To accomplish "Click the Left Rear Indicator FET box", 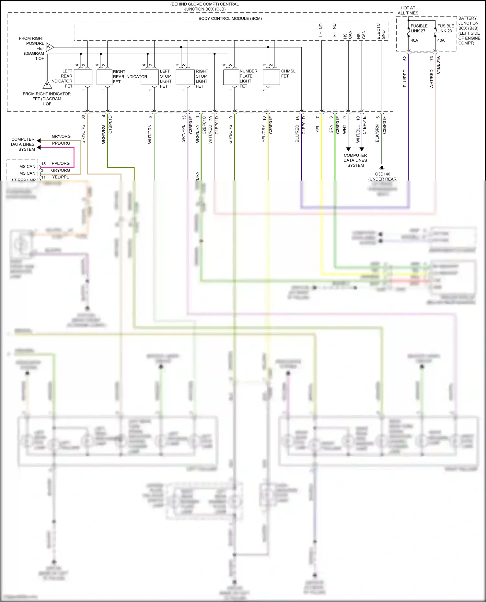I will pos(83,77).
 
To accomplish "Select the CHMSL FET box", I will pos(271,77).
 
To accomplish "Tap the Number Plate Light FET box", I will pos(231,77).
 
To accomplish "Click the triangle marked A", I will pos(49,47).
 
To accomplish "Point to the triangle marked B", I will pos(47,85).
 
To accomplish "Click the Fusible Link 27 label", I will pos(419,28).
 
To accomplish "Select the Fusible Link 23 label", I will pos(445,28).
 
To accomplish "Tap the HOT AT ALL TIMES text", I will pos(408,10).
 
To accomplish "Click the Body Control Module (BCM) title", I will pos(230,18).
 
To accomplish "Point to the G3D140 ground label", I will pos(383,174).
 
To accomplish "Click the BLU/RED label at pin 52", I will pos(405,78).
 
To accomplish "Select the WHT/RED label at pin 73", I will pos(432,79).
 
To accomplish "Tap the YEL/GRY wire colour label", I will pos(264,134).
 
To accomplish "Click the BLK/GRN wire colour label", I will pos(377,134).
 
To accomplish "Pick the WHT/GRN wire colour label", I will pos(150,134).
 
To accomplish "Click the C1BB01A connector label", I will pos(438,65).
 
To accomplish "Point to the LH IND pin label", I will pos(321,30).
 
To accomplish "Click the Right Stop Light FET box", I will pos(185,77).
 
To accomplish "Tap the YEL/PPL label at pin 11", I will pos(61,177).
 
